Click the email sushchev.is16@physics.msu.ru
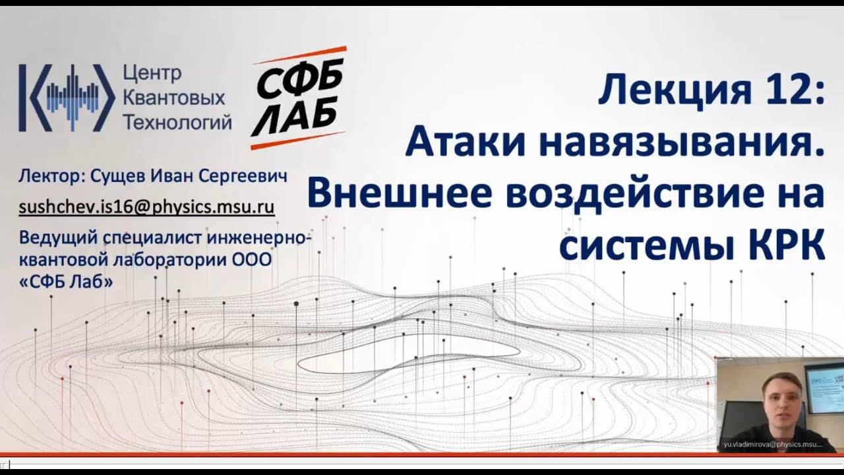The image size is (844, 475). click(x=146, y=206)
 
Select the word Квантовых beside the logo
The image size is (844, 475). click(x=174, y=98)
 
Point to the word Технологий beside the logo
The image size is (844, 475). click(x=177, y=122)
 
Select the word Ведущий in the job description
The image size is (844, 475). click(x=57, y=237)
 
